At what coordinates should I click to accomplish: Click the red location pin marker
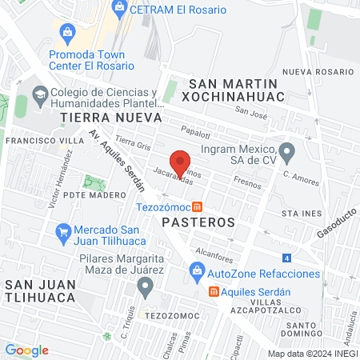tap(181, 162)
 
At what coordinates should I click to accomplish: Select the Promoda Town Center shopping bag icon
tap(67, 33)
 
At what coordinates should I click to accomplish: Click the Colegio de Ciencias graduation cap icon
tap(39, 99)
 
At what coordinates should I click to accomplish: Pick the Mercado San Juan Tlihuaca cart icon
tap(63, 233)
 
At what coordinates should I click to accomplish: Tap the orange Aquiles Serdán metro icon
tap(214, 291)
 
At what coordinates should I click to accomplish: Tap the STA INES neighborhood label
tap(301, 214)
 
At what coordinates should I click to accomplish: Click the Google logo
tap(26, 350)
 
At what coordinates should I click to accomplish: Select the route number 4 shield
tap(286, 258)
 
